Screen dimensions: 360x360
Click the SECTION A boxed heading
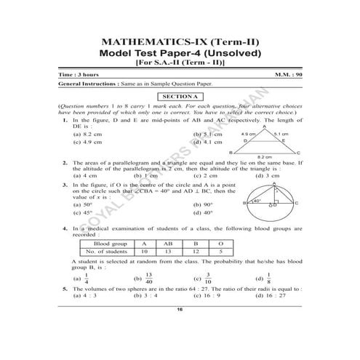179,97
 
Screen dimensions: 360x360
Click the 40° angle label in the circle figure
256,201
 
